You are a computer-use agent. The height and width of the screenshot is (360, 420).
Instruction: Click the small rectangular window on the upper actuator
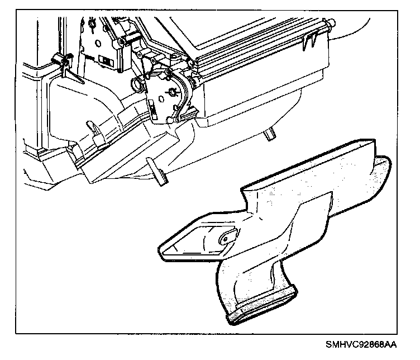[x=104, y=59]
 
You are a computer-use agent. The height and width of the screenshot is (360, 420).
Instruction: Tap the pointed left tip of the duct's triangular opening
[x=161, y=246]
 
